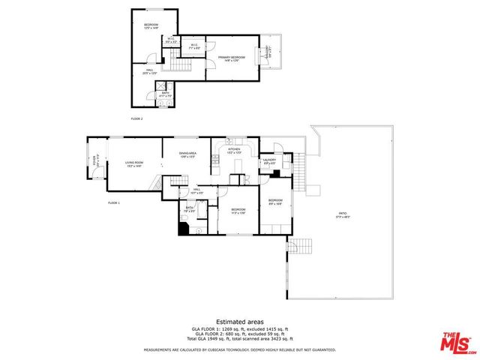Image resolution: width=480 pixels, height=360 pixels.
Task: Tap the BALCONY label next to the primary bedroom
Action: pyautogui.click(x=268, y=52)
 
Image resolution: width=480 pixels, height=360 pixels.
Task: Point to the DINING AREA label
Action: pyautogui.click(x=187, y=155)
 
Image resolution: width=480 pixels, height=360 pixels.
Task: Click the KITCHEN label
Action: pyautogui.click(x=234, y=150)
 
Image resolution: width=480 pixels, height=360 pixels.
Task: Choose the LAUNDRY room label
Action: pyautogui.click(x=269, y=160)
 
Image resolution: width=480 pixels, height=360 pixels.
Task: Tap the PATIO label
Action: pyautogui.click(x=342, y=215)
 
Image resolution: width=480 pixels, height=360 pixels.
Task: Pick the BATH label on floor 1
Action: pyautogui.click(x=190, y=209)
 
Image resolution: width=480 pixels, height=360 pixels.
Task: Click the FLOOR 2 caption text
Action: pyautogui.click(x=136, y=118)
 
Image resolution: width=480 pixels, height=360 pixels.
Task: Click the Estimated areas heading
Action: pyautogui.click(x=239, y=321)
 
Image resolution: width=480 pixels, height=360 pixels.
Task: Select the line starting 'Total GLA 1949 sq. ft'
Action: pyautogui.click(x=239, y=339)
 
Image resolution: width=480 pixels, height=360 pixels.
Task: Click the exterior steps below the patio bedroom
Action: pyautogui.click(x=300, y=245)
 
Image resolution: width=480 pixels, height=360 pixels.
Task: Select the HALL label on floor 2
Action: pyautogui.click(x=149, y=72)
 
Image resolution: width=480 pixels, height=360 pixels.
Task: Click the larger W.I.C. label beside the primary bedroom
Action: pyautogui.click(x=194, y=46)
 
